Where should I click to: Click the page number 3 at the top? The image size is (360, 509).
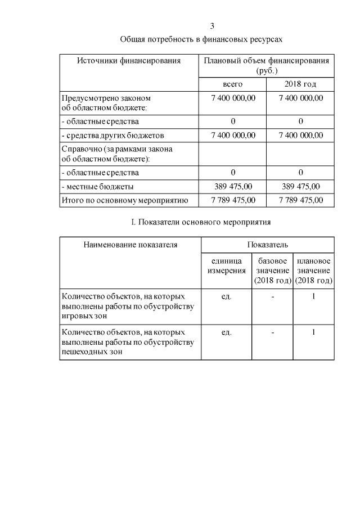pos(212,26)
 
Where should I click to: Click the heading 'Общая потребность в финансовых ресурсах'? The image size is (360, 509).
pos(201,39)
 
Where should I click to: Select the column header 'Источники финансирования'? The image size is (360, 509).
pos(129,61)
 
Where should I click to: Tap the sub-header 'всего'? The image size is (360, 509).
pos(232,84)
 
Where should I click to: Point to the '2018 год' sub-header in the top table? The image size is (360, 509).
pos(300,84)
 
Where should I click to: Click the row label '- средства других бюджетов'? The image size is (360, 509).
pos(112,135)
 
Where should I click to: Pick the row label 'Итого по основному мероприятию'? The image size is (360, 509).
pos(124,200)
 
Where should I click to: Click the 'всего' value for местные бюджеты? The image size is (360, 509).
pos(233,186)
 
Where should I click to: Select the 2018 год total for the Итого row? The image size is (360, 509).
pos(301,200)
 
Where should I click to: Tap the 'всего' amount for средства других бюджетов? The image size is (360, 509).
pos(233,135)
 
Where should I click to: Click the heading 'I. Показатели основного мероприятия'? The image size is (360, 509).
pos(201,222)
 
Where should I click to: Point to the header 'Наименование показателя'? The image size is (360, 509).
pos(130,245)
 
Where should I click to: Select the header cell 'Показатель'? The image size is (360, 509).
pos(268,245)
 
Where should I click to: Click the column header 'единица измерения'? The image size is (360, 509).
pos(227,266)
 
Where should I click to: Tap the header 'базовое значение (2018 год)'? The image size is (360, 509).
pos(273,271)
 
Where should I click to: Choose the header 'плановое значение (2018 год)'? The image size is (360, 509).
pos(313,271)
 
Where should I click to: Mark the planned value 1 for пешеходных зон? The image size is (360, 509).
pos(313,332)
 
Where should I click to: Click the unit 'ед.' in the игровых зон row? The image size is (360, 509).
pos(227,296)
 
